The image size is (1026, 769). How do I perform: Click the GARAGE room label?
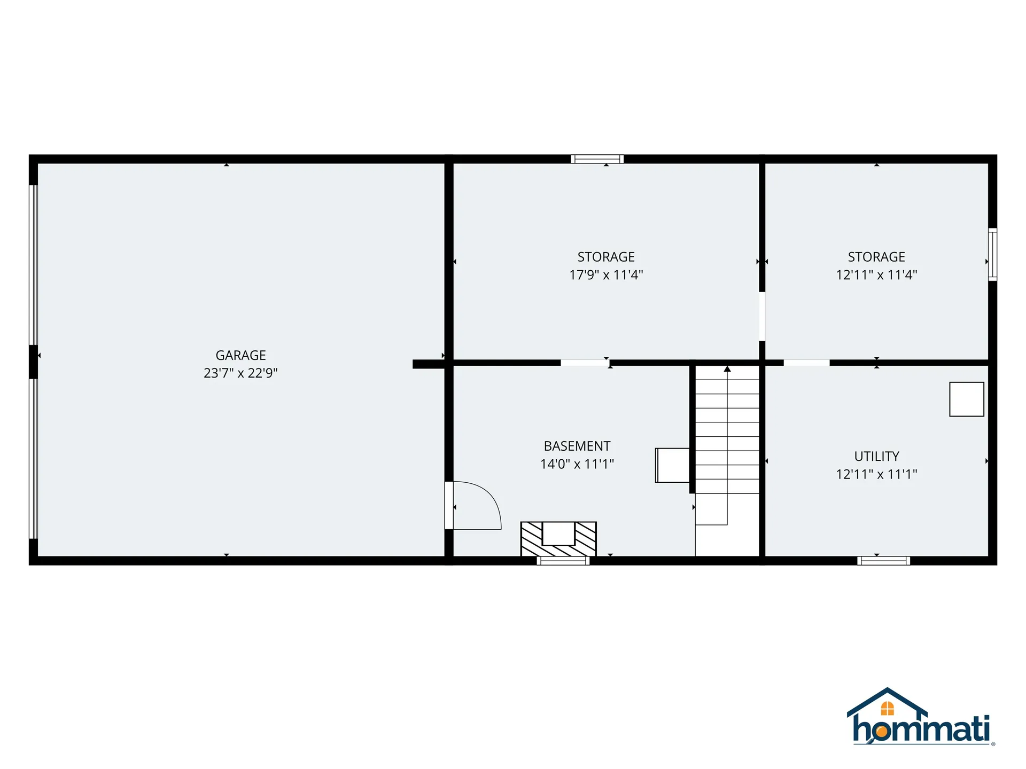coord(240,355)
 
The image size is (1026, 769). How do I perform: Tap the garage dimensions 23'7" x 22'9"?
coord(240,373)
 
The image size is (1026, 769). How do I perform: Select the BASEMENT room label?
coord(577,446)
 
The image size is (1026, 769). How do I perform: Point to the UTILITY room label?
coord(876,456)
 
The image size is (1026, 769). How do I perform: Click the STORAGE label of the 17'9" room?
coord(606,257)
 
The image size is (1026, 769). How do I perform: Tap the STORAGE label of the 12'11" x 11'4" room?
coord(876,257)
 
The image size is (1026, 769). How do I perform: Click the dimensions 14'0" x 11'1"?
coord(577,464)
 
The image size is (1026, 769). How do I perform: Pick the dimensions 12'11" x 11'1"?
coord(876,474)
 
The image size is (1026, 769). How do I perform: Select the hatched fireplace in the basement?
coord(558,539)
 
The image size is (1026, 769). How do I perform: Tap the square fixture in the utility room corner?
coord(966,399)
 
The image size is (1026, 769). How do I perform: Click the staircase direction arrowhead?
coord(727,368)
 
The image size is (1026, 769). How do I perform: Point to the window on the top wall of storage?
coord(597,159)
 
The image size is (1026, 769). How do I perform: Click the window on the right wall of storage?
coord(992,254)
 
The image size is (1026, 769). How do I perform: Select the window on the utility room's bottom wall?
coord(883,560)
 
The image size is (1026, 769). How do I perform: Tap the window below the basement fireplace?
coord(563,560)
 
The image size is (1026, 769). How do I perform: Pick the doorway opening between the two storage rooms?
coord(762,316)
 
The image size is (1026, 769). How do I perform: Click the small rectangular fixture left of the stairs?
coord(672,465)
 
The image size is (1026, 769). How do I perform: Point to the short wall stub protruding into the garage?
coord(429,364)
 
